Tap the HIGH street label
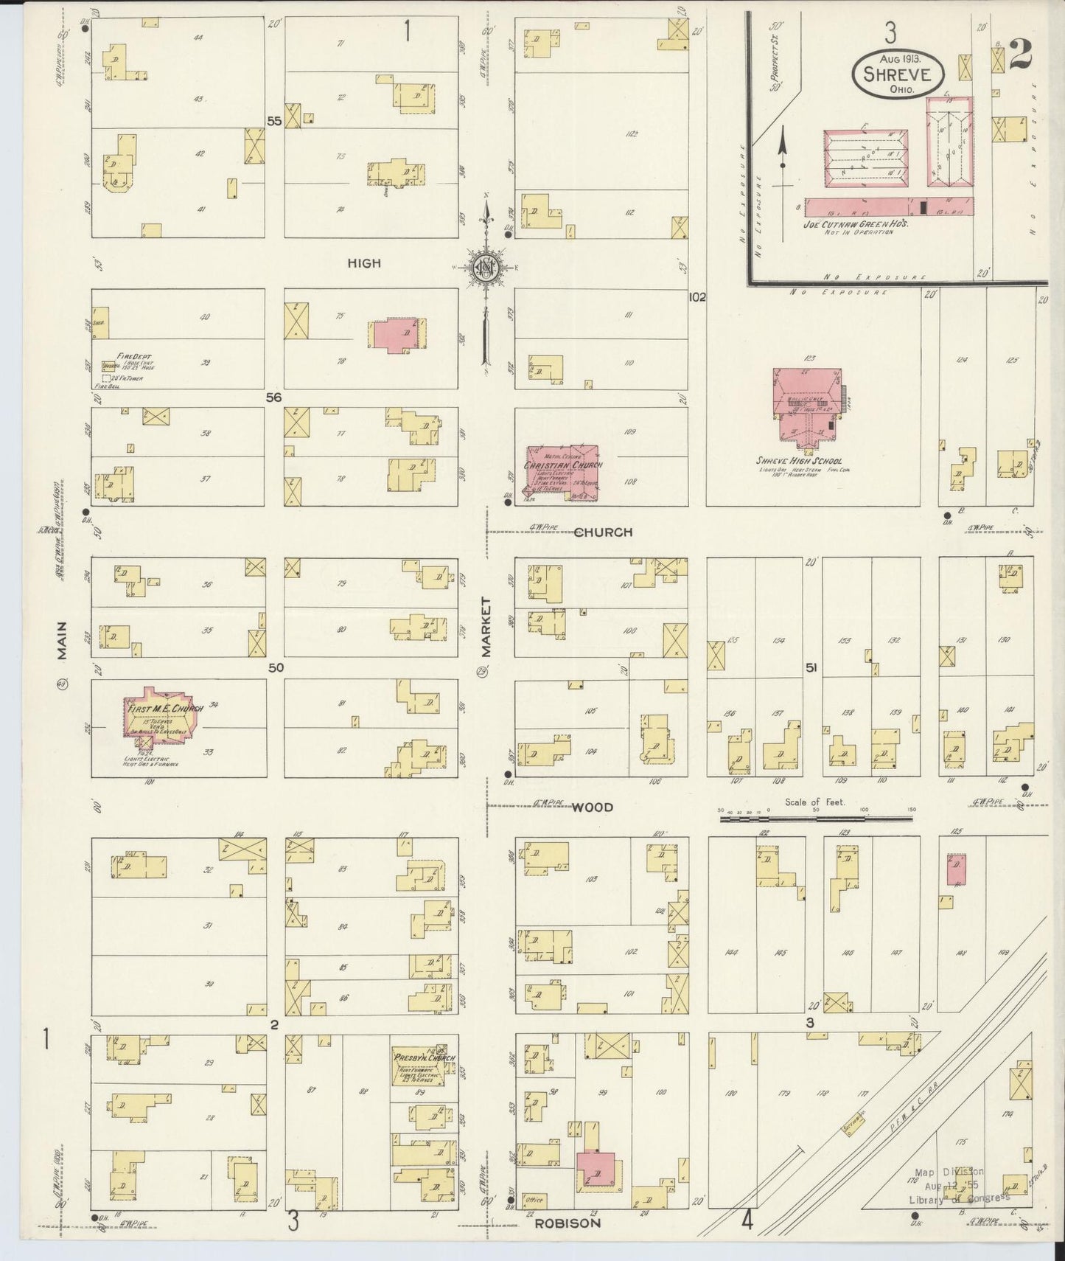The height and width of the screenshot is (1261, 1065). (364, 263)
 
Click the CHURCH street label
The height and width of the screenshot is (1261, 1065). (603, 532)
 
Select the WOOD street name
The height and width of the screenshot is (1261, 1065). (593, 807)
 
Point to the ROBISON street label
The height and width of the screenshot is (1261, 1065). (568, 1222)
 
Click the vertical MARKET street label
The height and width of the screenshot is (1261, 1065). (486, 626)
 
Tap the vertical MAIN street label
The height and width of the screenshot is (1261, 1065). (62, 640)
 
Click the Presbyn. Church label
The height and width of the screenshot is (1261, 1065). (424, 1057)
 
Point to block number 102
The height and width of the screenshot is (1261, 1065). (696, 297)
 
